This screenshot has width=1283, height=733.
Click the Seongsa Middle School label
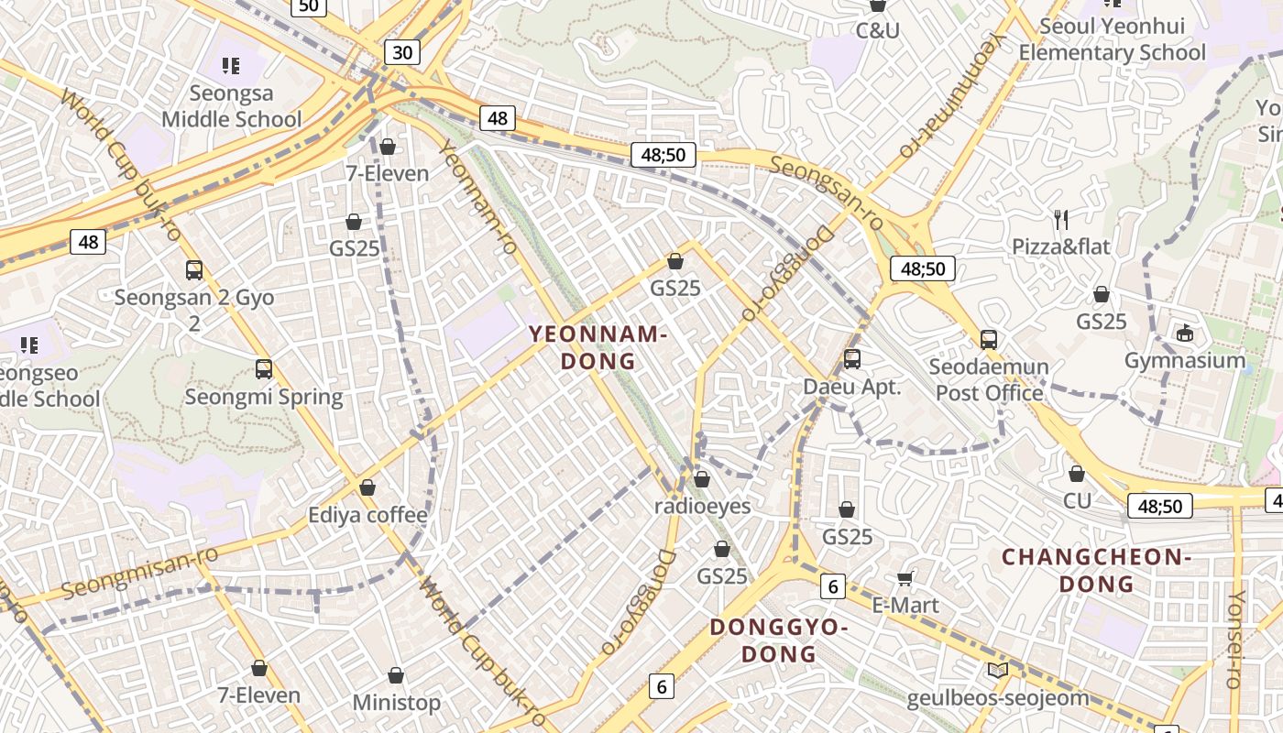point(231,106)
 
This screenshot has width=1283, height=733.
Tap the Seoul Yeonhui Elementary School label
point(1112,40)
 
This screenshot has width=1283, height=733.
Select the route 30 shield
point(402,52)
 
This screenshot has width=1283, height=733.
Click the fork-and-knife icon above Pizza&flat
point(1061,219)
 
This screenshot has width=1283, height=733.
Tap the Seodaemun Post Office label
point(989,380)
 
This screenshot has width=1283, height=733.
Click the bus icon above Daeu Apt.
point(852,359)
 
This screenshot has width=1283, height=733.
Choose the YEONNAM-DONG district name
point(598,347)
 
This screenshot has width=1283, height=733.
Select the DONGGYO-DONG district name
point(778,640)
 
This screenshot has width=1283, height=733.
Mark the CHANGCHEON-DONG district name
point(1096,570)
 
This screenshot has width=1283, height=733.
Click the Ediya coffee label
point(367,515)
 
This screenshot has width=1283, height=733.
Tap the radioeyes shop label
point(702,506)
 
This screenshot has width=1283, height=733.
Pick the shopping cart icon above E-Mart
point(905,577)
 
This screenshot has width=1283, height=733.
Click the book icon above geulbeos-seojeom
point(998,670)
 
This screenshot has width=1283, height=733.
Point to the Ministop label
point(397,703)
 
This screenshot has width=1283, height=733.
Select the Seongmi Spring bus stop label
point(264,397)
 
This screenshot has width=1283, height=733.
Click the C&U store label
point(877,30)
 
